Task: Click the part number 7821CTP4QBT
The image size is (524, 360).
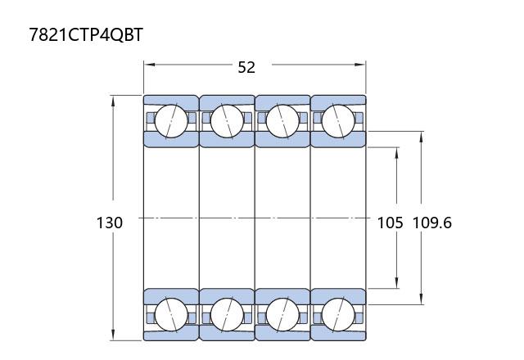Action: click(86, 34)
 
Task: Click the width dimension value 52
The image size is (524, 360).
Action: click(246, 67)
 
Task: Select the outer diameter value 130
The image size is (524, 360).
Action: click(110, 223)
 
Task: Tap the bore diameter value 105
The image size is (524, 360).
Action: click(390, 223)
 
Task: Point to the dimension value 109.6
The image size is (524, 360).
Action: click(432, 223)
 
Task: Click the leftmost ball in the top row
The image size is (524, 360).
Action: click(171, 121)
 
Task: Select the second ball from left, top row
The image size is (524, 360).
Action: click(227, 121)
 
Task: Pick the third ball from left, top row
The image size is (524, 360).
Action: click(282, 121)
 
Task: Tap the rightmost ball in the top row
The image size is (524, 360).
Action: click(338, 121)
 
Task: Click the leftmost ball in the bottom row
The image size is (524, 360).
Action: click(171, 314)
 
